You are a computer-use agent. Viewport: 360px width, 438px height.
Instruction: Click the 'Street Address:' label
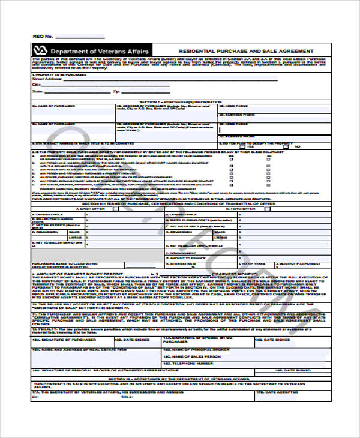point(47,78)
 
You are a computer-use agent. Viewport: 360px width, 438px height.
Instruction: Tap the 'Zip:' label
point(116,91)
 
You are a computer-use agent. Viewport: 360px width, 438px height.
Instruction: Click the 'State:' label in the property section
point(37,91)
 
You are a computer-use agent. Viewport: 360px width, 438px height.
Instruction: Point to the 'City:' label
point(35,85)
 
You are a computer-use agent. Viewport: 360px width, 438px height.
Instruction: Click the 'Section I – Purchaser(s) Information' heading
point(181,102)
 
